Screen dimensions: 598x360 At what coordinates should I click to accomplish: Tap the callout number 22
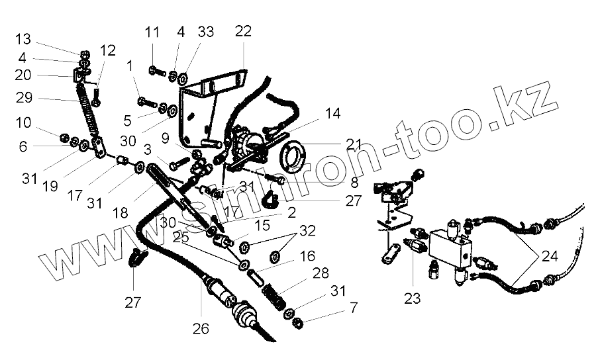point(243,30)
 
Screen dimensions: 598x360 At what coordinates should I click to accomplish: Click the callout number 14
point(332,114)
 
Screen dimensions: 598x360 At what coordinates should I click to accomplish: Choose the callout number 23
point(413,298)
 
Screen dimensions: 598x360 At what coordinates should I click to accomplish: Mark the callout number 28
point(321,273)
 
